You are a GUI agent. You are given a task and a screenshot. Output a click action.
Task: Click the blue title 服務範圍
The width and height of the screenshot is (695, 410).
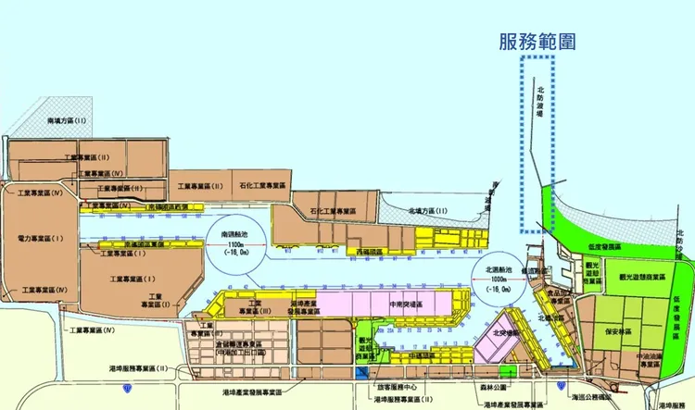(536, 41)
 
